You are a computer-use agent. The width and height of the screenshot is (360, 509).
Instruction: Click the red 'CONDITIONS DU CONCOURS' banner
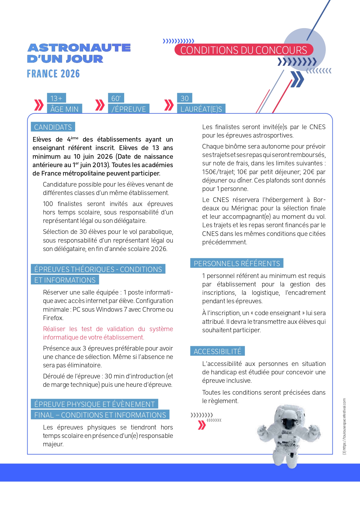click(x=244, y=50)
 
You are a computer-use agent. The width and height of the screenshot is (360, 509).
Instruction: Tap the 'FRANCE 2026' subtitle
click(x=53, y=74)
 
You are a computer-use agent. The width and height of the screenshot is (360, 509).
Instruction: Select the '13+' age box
click(x=56, y=98)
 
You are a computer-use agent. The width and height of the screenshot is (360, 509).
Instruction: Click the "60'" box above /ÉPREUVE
click(x=116, y=98)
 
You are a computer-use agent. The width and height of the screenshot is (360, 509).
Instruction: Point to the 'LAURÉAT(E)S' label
click(x=201, y=109)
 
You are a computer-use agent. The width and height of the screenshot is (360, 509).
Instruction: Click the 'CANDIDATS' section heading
click(x=53, y=127)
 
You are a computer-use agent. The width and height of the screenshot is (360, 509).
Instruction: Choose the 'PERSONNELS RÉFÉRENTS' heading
click(x=237, y=263)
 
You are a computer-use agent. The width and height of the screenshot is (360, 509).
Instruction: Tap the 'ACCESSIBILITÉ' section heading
click(x=217, y=351)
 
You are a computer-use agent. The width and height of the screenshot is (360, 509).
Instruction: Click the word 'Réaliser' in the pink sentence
click(x=54, y=329)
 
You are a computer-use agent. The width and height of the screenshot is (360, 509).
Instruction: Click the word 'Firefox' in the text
click(x=53, y=318)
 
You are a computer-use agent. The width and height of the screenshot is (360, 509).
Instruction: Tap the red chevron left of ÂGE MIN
click(x=39, y=105)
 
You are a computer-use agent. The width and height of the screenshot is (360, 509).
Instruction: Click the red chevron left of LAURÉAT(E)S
click(x=169, y=105)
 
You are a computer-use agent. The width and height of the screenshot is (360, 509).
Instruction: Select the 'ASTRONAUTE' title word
click(x=79, y=48)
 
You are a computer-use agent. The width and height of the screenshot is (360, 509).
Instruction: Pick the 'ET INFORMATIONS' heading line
click(x=65, y=280)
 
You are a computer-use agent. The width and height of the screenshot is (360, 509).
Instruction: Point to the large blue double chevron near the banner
click(x=297, y=79)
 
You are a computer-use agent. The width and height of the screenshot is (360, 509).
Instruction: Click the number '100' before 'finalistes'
click(x=48, y=204)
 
